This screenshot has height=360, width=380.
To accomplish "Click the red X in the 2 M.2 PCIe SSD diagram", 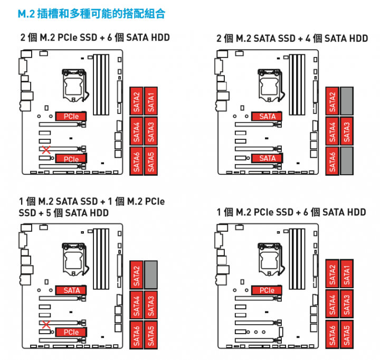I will tap(46, 151).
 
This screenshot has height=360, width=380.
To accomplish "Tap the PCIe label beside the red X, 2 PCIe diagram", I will tap(71, 158).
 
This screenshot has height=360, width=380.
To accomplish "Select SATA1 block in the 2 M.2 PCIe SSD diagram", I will tap(151, 101).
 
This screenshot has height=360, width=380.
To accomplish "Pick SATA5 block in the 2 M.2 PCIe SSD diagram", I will tap(151, 161).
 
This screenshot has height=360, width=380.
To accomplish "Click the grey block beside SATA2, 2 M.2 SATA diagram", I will tap(347, 101).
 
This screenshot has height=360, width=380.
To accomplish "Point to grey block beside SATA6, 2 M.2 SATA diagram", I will tap(347, 161).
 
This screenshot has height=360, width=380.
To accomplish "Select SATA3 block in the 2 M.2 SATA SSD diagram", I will tap(347, 131).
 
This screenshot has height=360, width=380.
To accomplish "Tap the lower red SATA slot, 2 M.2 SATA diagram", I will tap(268, 158).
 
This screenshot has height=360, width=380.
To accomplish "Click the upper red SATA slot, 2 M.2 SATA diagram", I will tap(268, 116).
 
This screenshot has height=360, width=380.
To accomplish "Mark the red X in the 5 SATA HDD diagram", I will tap(46, 325).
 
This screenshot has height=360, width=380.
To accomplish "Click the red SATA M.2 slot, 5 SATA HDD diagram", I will tap(71, 290).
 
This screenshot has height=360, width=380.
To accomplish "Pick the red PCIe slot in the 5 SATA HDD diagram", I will tap(71, 332).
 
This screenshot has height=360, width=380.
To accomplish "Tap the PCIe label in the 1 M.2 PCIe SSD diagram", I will tap(267, 290).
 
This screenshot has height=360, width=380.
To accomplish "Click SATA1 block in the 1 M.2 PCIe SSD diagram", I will tap(347, 274).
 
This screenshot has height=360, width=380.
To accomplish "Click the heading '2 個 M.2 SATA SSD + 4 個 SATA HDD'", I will tap(292, 38).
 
